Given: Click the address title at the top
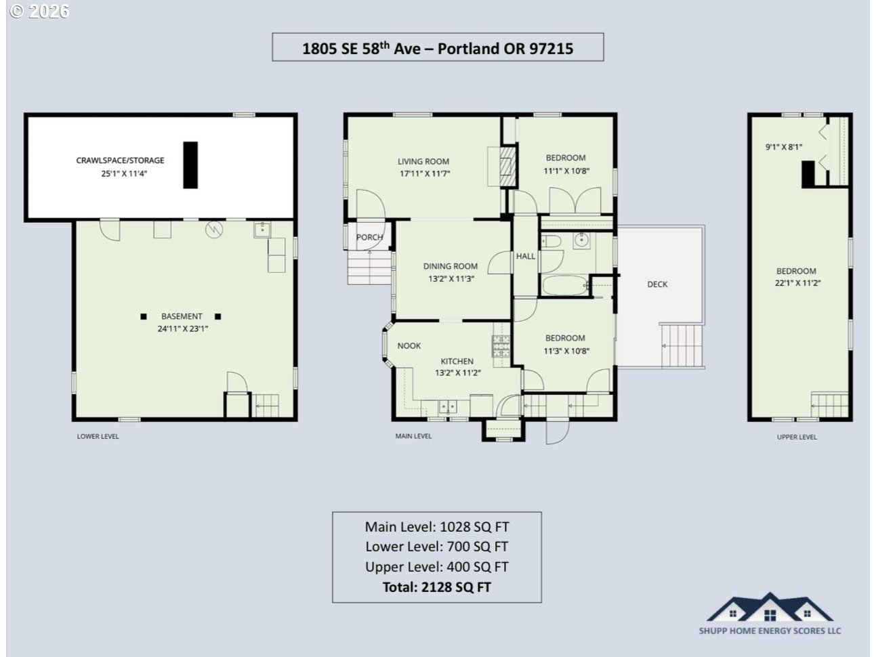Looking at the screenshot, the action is (438, 48).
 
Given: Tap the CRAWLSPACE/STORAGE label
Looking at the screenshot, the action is (120, 161).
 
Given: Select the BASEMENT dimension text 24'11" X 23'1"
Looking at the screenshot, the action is (183, 328).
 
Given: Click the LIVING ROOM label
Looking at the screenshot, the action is (423, 162).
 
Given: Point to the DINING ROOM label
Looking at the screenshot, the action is (450, 266).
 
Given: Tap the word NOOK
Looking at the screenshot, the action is (409, 346).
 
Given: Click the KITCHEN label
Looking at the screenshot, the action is (457, 362).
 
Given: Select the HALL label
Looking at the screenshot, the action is (526, 256).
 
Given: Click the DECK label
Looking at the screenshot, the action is (657, 284).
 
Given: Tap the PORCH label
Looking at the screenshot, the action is (369, 237).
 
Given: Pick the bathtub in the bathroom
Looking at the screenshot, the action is (565, 285).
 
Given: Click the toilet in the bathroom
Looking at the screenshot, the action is (551, 241).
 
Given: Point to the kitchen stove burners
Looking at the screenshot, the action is (501, 345).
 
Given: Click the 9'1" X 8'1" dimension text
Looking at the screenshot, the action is (783, 147).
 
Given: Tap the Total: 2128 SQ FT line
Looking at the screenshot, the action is (436, 587).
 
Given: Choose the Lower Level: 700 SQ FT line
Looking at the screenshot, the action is (436, 547).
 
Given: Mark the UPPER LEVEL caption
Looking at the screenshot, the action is (797, 437).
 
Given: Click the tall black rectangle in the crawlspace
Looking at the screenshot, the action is (190, 165).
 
